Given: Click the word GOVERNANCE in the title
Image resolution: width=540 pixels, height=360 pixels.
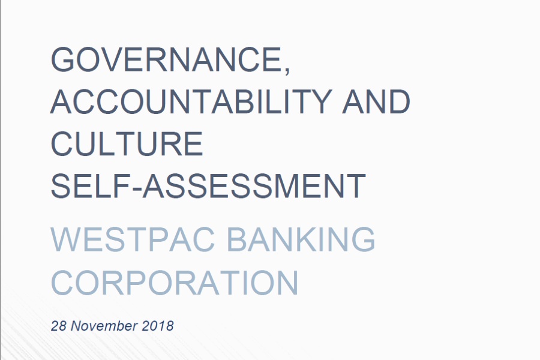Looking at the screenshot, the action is pyautogui.click(x=166, y=59).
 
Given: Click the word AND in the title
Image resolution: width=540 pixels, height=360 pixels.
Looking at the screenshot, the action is pyautogui.click(x=376, y=101).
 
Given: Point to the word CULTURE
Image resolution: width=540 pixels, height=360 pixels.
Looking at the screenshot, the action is pyautogui.click(x=127, y=143).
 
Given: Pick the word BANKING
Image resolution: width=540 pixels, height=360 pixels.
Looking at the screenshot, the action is pyautogui.click(x=301, y=239).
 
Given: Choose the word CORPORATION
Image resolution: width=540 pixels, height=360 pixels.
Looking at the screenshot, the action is pyautogui.click(x=174, y=283).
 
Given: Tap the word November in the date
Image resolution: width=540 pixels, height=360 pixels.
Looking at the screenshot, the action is pyautogui.click(x=104, y=326).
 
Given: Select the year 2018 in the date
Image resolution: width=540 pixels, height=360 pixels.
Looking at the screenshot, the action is pyautogui.click(x=158, y=326).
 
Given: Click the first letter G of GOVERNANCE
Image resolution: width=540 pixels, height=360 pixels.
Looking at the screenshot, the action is pyautogui.click(x=63, y=59).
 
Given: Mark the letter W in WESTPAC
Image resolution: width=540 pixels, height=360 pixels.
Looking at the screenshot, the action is pyautogui.click(x=68, y=239).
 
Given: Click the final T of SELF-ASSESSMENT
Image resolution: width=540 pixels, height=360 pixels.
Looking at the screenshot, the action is pyautogui.click(x=355, y=186).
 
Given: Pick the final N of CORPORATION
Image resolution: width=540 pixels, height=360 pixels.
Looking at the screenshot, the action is pyautogui.click(x=287, y=283).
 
